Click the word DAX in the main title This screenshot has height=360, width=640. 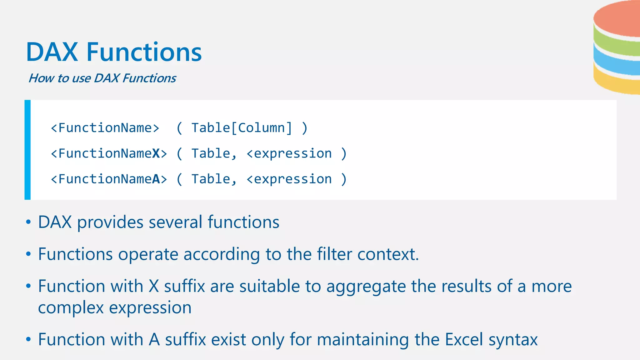tap(52, 52)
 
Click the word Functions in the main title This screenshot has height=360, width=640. tap(144, 52)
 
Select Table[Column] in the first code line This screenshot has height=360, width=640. tap(242, 128)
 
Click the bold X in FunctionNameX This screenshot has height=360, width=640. tap(156, 153)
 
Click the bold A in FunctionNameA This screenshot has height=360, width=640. tap(156, 179)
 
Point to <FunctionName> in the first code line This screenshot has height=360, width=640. tap(105, 128)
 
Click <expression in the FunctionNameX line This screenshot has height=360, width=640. tap(289, 153)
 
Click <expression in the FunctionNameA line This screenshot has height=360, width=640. tap(289, 179)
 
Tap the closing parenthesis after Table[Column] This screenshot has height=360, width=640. tap(305, 128)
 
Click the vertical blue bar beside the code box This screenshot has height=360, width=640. tap(27, 150)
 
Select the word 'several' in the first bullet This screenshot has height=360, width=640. tap(176, 222)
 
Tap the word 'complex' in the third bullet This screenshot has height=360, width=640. tap(71, 308)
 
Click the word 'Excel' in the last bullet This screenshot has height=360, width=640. tap(464, 339)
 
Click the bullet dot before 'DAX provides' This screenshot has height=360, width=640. tap(28, 222)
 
